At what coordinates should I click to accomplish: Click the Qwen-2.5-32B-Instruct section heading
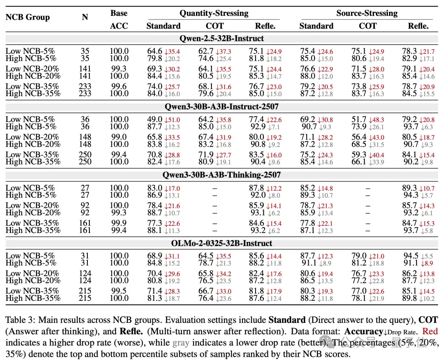tap(222, 38)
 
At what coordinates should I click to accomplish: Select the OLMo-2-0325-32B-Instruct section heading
tap(222, 243)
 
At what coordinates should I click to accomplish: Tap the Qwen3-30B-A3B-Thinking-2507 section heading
tap(222, 175)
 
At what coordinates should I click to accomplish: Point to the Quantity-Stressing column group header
tap(214, 13)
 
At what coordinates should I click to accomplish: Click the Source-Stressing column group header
tap(367, 13)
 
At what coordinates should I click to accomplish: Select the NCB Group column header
tap(28, 17)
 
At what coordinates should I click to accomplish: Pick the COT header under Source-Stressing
tap(367, 26)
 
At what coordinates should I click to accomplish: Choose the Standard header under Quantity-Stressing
tap(163, 26)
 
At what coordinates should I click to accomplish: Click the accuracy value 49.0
tap(155, 119)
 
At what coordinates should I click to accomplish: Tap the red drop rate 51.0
tap(172, 120)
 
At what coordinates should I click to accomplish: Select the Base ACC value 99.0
tap(119, 137)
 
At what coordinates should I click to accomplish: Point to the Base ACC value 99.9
tap(119, 223)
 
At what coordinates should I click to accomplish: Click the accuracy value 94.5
tap(411, 255)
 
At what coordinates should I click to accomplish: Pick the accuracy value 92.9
tap(258, 127)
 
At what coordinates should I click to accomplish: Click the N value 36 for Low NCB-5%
tap(85, 119)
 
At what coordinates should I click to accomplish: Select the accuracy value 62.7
tap(206, 51)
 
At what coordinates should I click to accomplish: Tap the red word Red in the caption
tap(430, 331)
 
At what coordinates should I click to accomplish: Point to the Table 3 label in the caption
tap(20, 320)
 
